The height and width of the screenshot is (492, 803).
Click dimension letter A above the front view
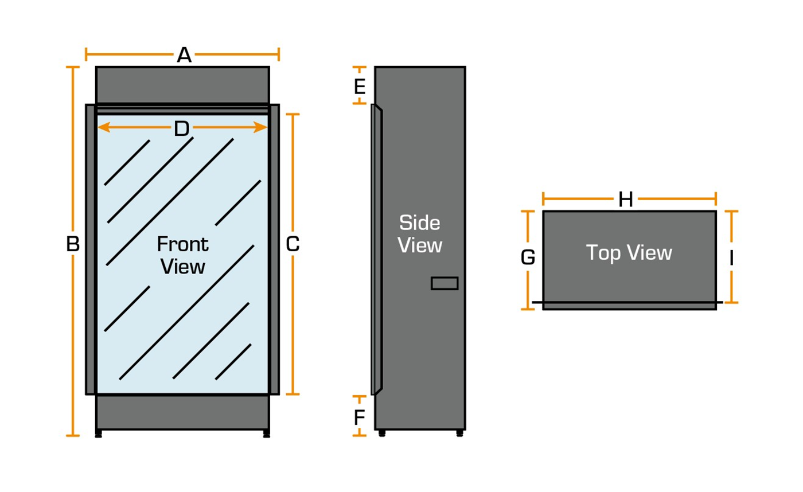pos(184,55)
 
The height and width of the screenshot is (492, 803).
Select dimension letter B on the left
pos(73,245)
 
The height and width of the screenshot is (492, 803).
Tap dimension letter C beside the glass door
pos(293,245)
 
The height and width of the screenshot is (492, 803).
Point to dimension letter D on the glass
pos(182,130)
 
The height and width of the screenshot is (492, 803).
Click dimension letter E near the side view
pos(360,87)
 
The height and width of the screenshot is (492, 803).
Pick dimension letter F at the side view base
pos(360,417)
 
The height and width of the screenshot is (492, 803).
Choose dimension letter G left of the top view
pos(528,258)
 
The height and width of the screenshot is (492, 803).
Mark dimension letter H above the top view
pos(626,200)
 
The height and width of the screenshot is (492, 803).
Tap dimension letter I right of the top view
pos(731,258)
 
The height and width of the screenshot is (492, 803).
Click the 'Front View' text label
pos(183,255)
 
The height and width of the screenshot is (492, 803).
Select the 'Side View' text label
pos(420,234)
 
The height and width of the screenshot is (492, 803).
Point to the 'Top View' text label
pos(629,252)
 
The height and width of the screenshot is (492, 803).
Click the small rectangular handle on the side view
pos(445,283)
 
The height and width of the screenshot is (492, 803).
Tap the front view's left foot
pos(99,434)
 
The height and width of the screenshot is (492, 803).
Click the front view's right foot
pos(266,434)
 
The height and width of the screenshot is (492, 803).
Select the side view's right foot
pos(459,434)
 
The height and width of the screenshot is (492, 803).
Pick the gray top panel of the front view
pos(182,85)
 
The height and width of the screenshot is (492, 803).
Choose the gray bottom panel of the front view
pos(182,412)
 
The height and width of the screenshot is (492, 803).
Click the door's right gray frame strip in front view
pos(274,249)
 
